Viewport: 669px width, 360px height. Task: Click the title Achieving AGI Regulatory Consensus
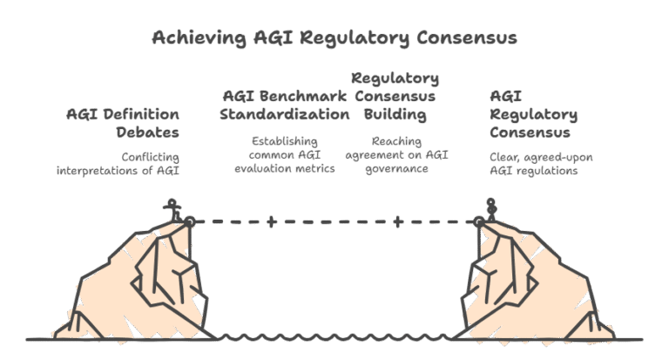tap(334, 38)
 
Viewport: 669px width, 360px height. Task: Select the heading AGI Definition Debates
tap(123, 123)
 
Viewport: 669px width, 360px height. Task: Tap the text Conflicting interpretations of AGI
tap(118, 163)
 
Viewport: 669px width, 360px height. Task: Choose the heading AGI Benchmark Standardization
tap(285, 105)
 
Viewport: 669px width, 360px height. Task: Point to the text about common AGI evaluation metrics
tap(284, 154)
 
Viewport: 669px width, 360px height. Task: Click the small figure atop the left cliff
tap(178, 208)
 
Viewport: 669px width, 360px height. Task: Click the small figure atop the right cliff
tap(491, 207)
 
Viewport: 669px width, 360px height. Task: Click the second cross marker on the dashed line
tap(397, 221)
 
